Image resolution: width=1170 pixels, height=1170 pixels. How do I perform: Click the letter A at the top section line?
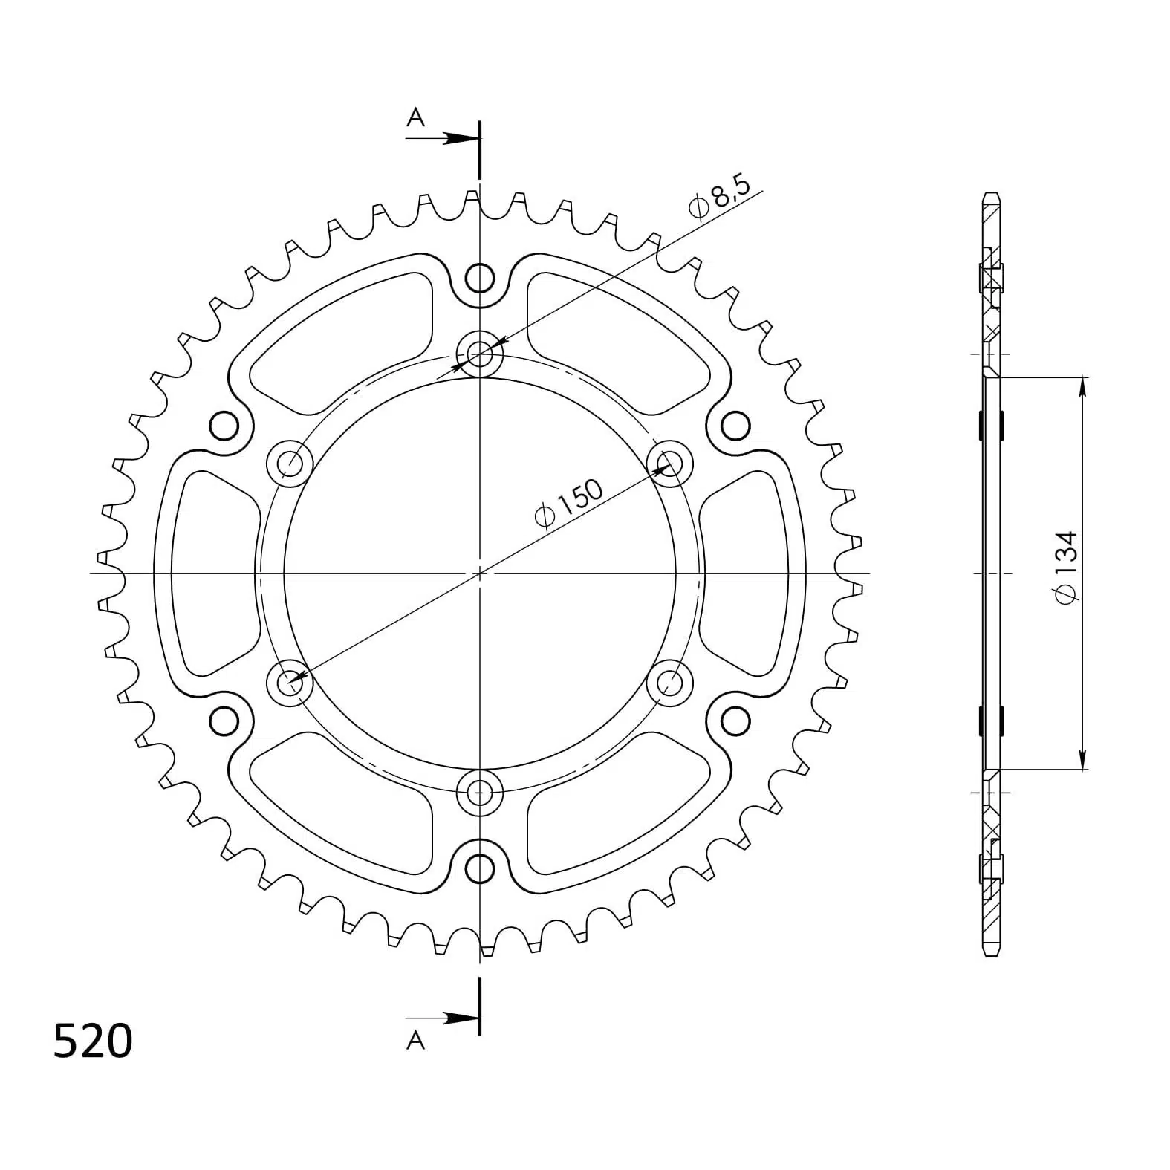[415, 117]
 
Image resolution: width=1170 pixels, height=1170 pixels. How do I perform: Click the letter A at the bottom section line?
[415, 1041]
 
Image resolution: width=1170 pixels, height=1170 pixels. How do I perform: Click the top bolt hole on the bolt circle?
[480, 354]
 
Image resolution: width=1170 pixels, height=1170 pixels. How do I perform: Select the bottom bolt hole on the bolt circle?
[480, 792]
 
